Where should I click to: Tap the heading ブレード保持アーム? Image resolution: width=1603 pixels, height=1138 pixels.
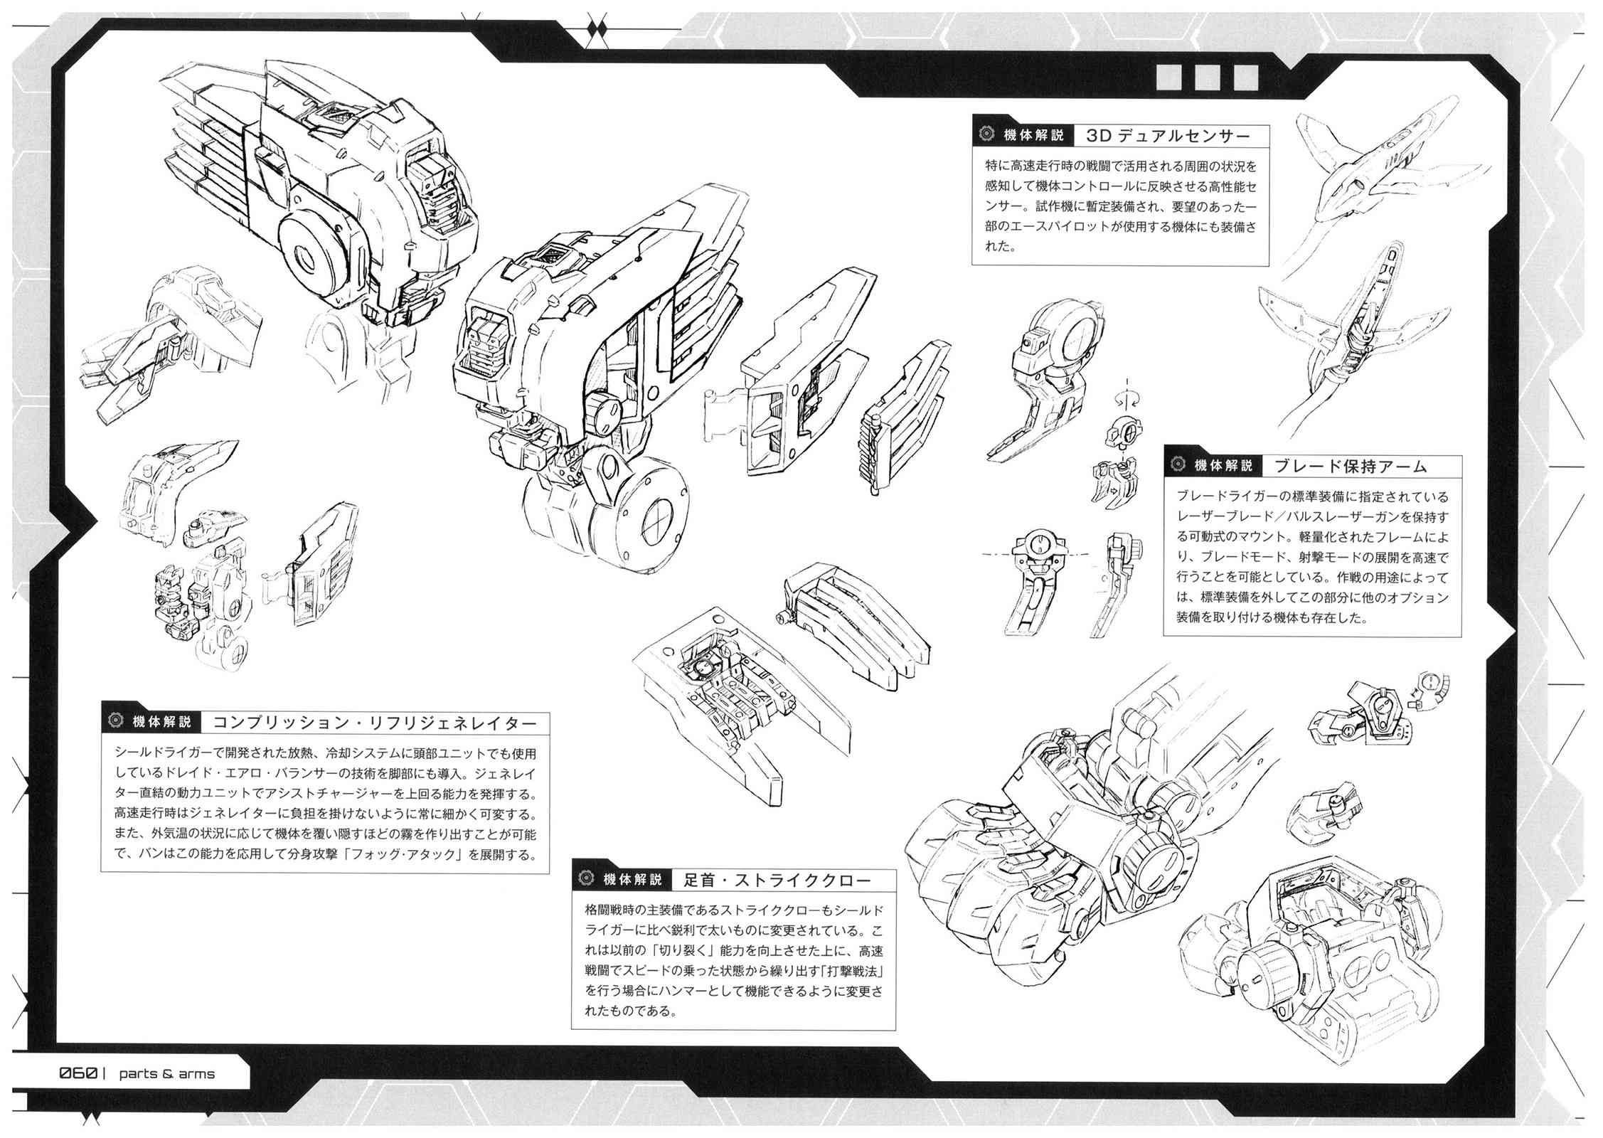point(1351,467)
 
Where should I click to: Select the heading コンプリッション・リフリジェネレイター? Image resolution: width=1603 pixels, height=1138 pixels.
point(375,723)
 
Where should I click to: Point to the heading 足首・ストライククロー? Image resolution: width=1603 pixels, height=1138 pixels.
point(777,880)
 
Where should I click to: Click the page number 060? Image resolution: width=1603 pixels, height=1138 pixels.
point(78,1073)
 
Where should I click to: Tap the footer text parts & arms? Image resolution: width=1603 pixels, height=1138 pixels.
point(166,1074)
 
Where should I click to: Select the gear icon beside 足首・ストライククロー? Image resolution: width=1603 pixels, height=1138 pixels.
point(587,880)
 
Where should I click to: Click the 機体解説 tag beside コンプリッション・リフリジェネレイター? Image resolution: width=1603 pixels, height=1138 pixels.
point(162,723)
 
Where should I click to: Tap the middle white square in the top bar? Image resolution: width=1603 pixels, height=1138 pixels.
point(1207,78)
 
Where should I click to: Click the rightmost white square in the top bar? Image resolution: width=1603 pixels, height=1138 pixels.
point(1245,78)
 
